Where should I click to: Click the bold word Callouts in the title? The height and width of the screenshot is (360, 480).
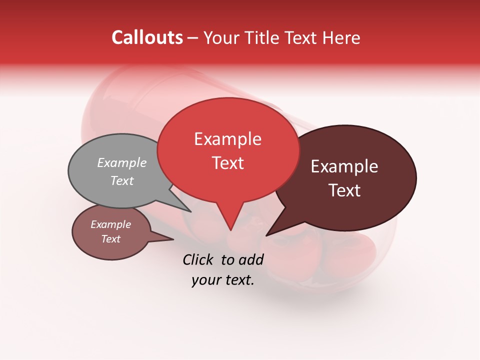point(147,37)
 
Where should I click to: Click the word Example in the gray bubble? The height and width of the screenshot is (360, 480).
point(121,162)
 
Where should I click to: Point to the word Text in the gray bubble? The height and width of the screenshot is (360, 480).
point(121,180)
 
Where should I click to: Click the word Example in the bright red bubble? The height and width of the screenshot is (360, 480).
point(227,139)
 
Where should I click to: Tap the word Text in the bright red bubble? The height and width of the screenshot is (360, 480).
point(227,163)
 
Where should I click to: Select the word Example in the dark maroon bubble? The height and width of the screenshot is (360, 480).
point(344,166)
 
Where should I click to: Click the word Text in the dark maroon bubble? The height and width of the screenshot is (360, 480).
point(344,190)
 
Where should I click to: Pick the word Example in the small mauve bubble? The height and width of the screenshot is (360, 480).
point(110,224)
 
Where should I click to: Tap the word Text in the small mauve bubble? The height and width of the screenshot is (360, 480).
point(110,239)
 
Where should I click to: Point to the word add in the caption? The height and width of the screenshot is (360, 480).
point(251,259)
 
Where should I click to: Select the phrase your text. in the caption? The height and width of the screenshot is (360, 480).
point(223,280)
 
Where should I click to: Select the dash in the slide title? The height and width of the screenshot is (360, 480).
point(193,38)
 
